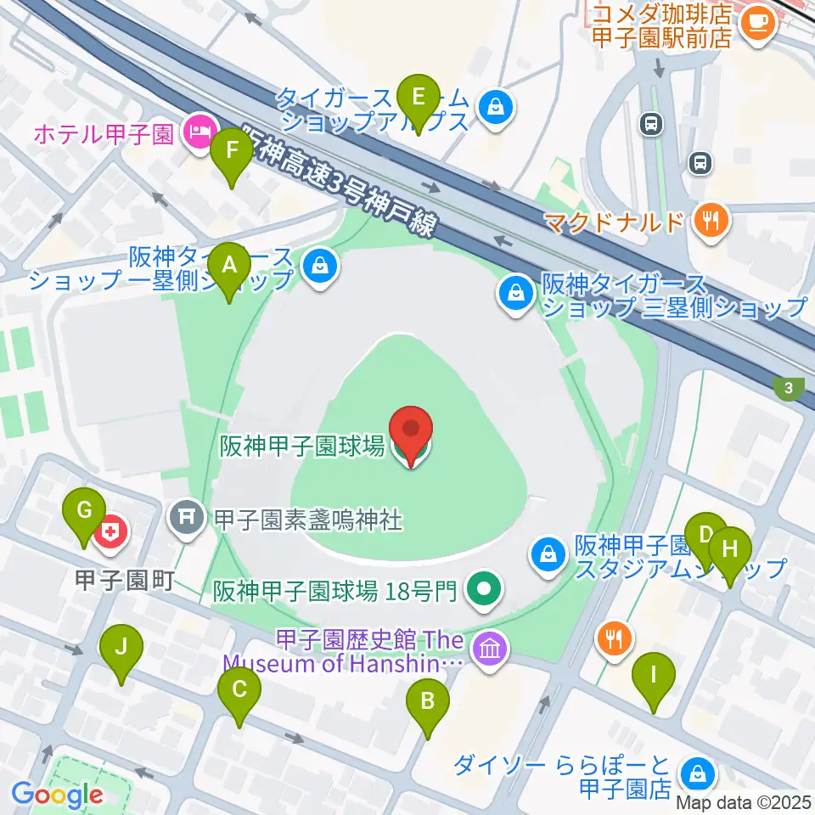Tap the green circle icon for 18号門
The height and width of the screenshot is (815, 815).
pos(484,587)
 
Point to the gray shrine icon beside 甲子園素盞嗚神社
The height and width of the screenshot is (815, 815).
pos(187,515)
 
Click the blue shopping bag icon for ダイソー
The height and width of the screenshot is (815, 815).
pos(697,773)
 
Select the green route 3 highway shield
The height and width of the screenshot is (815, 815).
pos(790,389)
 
